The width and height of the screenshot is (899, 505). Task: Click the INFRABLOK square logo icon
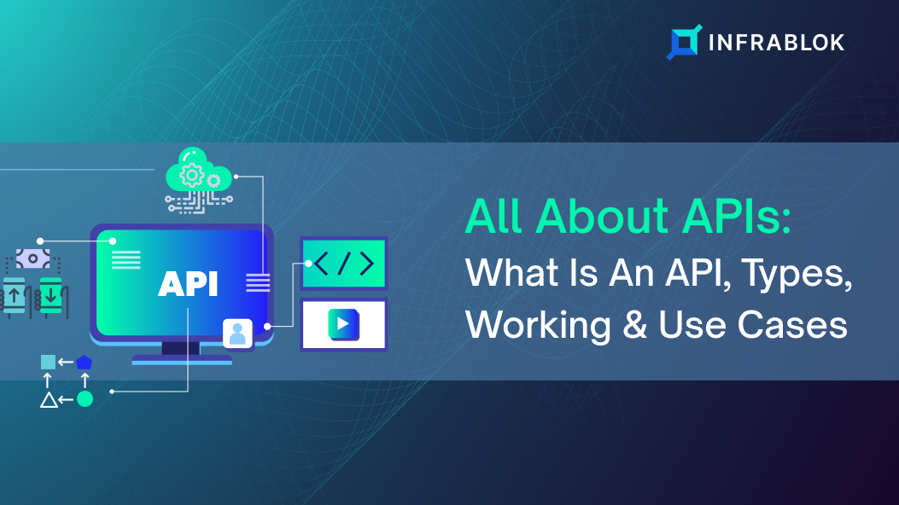684,42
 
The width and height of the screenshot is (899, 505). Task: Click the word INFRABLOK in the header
776,43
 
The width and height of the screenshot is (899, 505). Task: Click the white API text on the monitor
188,284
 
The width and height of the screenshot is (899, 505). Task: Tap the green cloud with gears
198,170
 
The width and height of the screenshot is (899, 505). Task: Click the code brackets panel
344,264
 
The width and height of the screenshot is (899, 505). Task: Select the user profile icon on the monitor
237,334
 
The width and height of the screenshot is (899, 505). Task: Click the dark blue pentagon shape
85,363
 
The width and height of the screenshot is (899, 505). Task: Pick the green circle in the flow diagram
85,399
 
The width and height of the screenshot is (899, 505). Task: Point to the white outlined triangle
49,399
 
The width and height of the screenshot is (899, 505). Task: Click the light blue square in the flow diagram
48,362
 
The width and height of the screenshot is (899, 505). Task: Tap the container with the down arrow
50,295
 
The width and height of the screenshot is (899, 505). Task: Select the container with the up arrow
15,295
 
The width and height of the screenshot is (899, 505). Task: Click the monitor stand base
182,360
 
